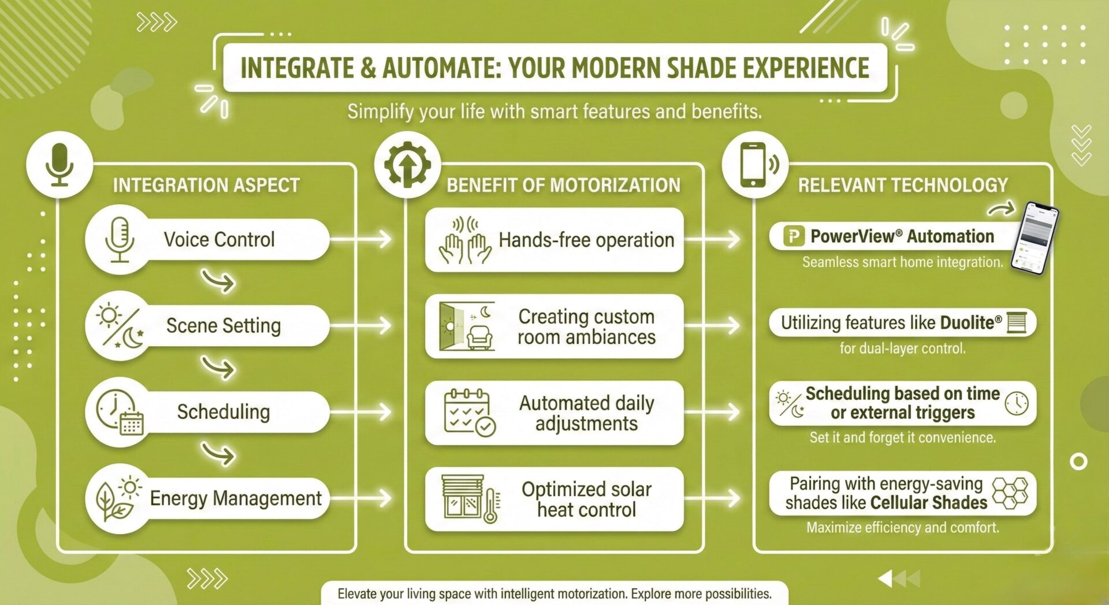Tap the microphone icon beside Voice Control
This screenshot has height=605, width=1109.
120,239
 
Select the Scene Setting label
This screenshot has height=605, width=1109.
224,325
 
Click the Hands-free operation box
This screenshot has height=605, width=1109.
554,240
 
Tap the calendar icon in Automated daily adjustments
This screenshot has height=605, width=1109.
470,412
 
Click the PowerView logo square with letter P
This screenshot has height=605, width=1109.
794,236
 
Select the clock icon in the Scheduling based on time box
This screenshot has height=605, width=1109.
1017,403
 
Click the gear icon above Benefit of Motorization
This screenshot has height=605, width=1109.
407,165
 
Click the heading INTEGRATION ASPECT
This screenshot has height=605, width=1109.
206,185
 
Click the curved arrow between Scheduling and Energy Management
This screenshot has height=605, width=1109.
218,454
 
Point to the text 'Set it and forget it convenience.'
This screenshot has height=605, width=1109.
903,437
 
